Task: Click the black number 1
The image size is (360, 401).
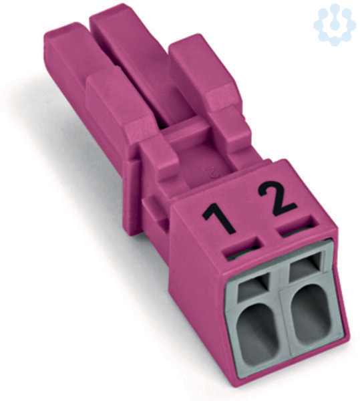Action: click(x=218, y=219)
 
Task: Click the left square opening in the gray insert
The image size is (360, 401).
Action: click(x=254, y=285)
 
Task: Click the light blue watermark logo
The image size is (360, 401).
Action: click(x=334, y=23)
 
